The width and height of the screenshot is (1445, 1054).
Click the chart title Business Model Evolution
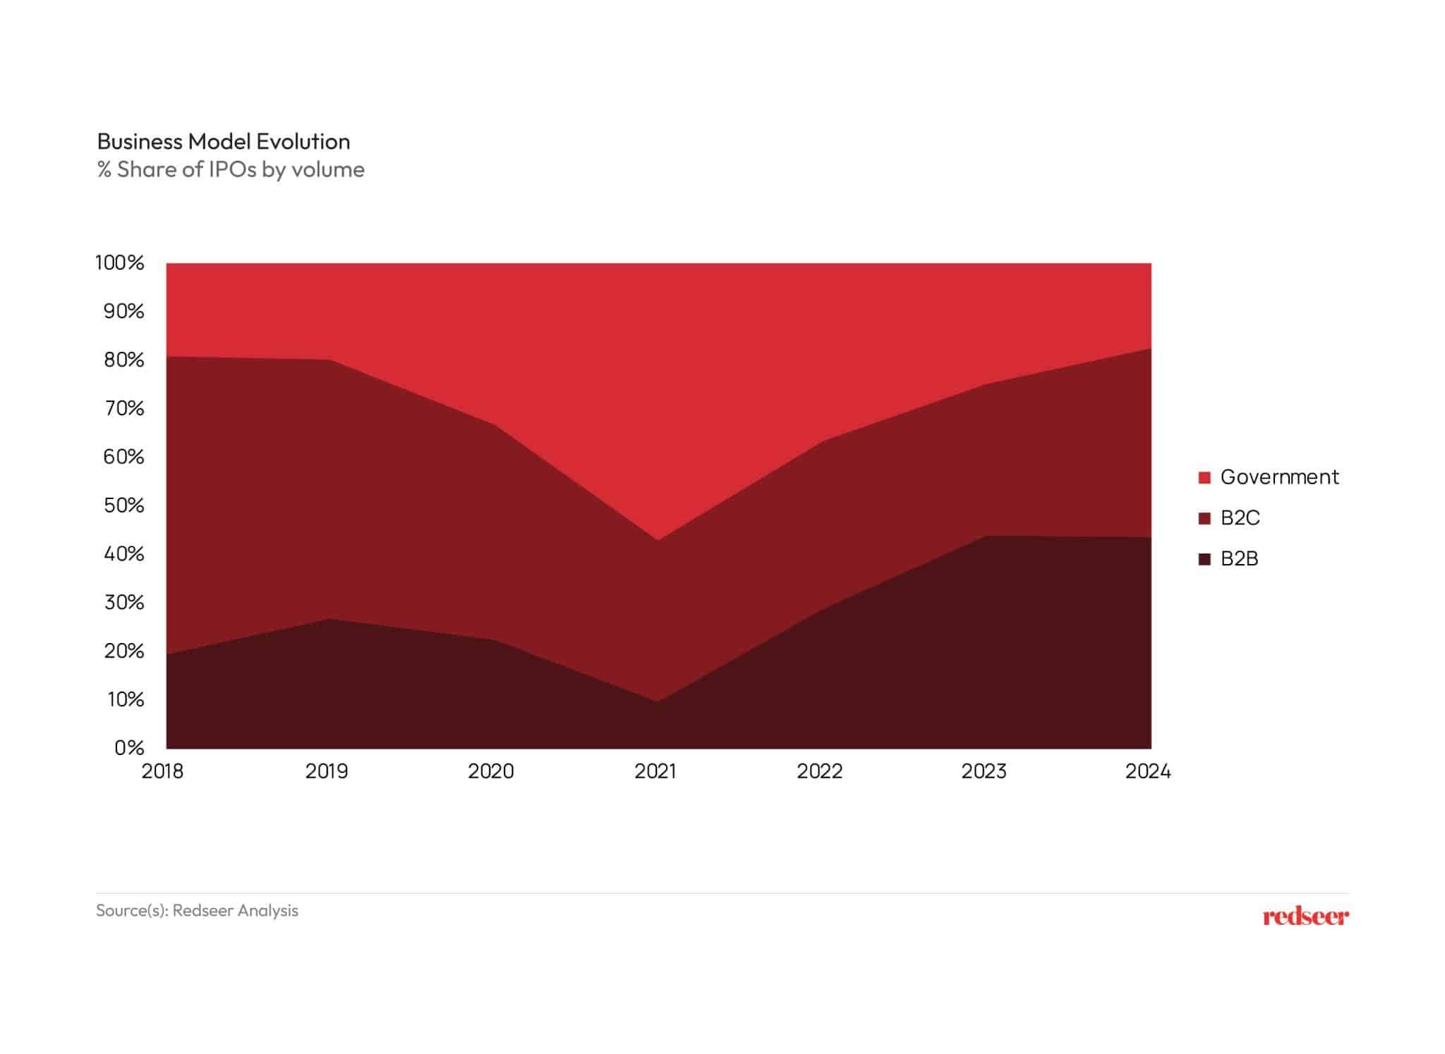click(223, 142)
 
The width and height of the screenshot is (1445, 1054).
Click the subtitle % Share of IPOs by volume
click(231, 170)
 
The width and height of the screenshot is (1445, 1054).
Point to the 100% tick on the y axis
click(120, 263)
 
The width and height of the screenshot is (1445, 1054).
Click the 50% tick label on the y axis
click(123, 505)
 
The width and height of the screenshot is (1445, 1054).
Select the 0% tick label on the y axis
click(129, 748)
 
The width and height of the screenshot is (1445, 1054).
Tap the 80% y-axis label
click(123, 360)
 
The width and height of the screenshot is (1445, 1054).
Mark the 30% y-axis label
click(123, 603)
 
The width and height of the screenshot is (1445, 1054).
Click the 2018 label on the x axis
click(162, 772)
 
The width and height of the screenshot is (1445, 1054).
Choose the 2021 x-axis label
click(655, 772)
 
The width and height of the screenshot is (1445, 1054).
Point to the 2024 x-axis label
click(1147, 772)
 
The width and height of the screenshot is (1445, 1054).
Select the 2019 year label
click(327, 772)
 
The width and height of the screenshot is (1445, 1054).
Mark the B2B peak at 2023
click(985, 537)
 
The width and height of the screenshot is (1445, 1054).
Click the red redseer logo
click(1305, 917)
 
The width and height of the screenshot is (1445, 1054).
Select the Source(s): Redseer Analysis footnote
click(197, 911)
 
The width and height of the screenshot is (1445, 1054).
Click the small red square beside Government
click(1204, 478)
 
